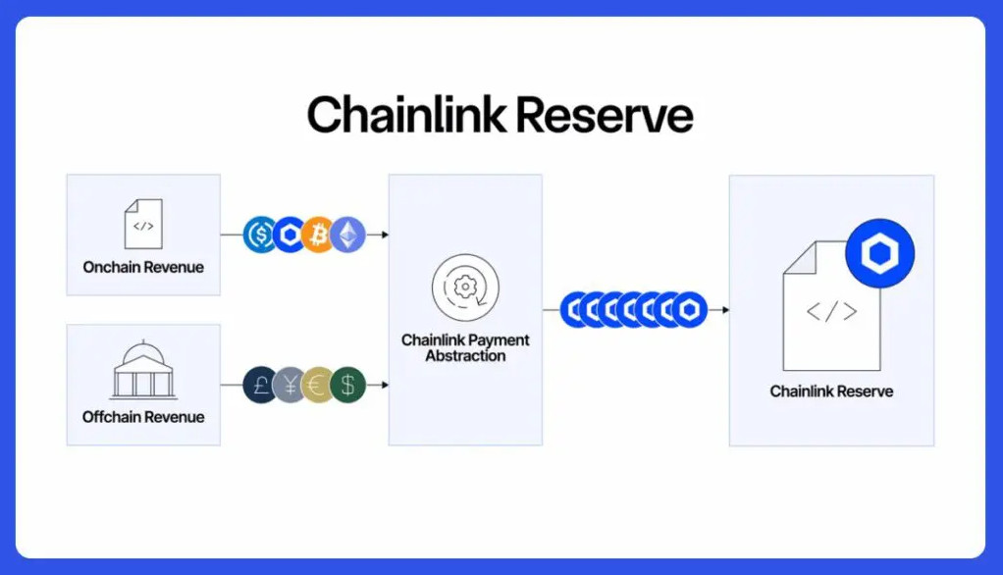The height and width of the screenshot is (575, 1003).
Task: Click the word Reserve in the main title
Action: [x=605, y=116]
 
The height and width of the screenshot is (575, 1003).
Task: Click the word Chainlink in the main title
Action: [x=406, y=115]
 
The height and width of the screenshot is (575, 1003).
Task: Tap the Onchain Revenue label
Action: [x=143, y=267]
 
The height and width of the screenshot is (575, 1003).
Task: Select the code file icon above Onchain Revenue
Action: [x=143, y=224]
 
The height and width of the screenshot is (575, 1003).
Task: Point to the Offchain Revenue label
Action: [x=143, y=417]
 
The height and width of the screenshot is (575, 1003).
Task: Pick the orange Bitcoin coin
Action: [x=319, y=235]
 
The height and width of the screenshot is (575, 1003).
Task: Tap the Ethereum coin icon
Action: [x=348, y=235]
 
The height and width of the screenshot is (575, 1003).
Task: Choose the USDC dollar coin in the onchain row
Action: [x=259, y=235]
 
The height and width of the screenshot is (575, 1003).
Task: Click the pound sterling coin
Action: [x=259, y=385]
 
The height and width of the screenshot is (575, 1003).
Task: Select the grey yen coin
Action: [x=289, y=385]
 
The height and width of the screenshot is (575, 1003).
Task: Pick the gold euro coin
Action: [x=317, y=385]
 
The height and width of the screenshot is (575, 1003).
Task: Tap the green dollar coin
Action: [x=348, y=385]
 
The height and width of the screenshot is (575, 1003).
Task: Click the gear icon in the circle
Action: [x=465, y=287]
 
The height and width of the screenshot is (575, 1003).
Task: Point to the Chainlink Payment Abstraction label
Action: [x=465, y=348]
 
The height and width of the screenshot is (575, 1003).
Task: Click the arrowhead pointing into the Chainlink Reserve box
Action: [x=725, y=310]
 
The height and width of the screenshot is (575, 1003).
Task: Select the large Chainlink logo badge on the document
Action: [x=879, y=253]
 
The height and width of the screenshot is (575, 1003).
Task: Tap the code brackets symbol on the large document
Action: [x=831, y=311]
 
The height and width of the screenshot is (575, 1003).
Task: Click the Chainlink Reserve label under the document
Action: [x=831, y=392]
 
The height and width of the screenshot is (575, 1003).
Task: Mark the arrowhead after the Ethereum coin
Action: [x=385, y=235]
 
